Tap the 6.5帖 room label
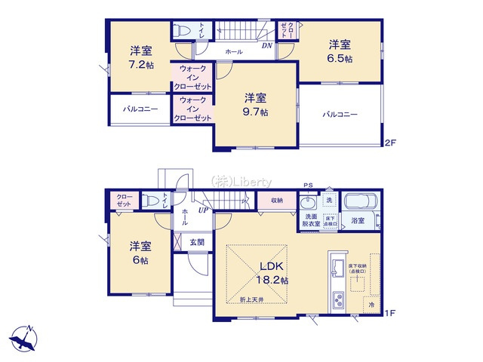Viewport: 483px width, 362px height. point(339,51)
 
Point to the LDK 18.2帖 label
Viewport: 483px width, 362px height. point(275,272)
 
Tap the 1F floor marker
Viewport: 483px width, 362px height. point(389,312)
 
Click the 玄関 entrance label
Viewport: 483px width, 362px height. point(197,242)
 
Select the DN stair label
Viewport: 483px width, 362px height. point(266,46)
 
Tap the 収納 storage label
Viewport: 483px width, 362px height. point(275,201)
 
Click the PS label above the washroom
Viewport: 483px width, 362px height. point(307,185)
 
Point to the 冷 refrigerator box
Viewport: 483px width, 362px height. point(371,305)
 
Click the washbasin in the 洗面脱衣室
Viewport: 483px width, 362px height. point(308,206)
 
